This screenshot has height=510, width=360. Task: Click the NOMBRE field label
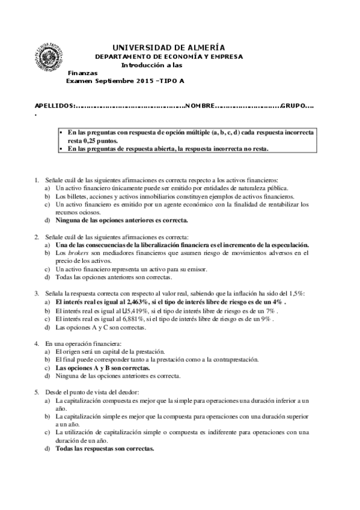click(x=200, y=106)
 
